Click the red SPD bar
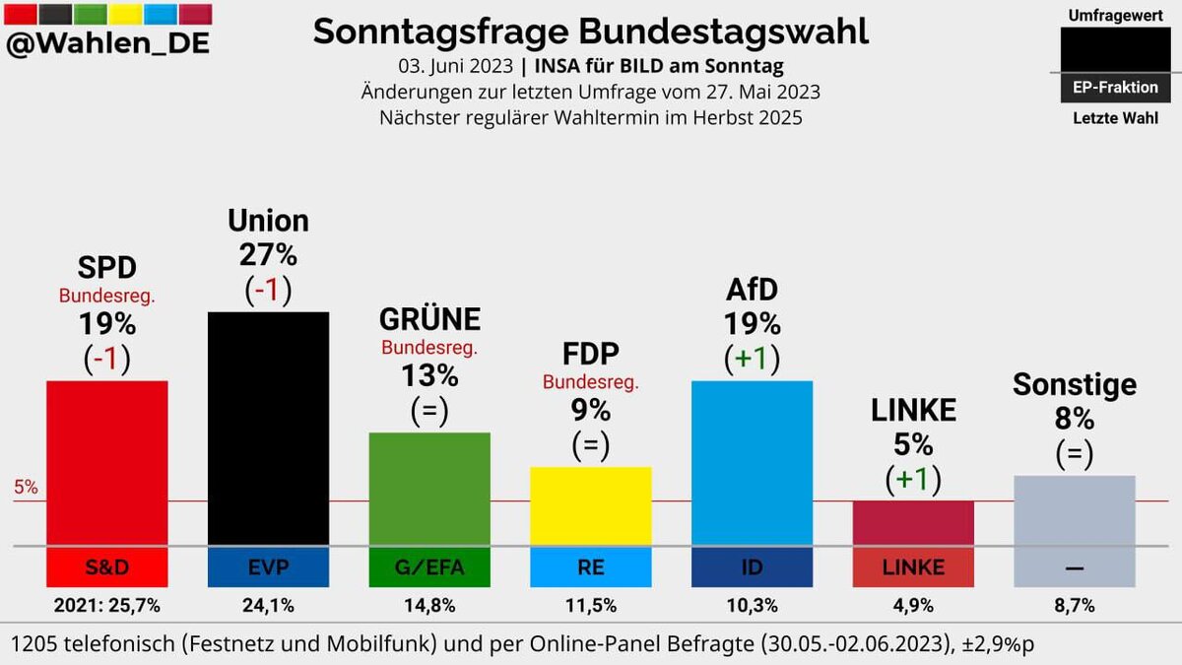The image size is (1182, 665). point(107,461)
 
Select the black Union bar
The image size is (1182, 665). point(268,428)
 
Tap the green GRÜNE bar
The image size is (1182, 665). point(428,488)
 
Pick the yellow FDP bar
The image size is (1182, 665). point(590,504)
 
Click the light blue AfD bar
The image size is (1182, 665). point(752,461)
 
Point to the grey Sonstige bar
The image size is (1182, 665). point(1075,509)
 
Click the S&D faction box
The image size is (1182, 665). point(107,566)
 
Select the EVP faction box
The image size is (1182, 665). point(268,566)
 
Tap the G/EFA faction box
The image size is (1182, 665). point(428,566)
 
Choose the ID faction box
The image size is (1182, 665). point(752,566)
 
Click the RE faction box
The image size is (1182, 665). point(590,566)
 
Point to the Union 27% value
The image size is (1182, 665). point(268,255)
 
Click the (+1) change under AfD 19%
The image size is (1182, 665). point(752,359)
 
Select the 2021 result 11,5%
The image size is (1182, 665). point(590,605)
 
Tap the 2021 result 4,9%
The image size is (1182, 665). point(913,605)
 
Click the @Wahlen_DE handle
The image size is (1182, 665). point(107,45)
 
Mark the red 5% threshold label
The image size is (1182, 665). point(27,487)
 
